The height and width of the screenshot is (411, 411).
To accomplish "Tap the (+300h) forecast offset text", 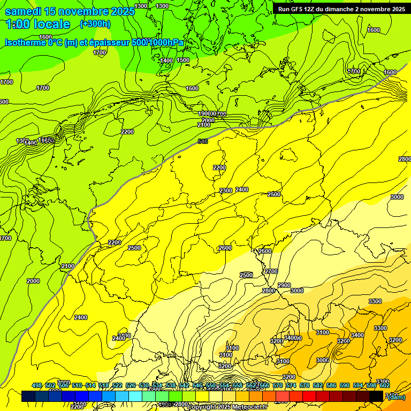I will [95, 24].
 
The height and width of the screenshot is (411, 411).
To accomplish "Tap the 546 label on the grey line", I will [203, 141].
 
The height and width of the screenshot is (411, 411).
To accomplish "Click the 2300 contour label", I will [226, 191].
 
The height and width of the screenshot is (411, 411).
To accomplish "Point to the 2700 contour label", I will [271, 271].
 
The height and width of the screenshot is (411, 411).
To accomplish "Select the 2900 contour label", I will [284, 285].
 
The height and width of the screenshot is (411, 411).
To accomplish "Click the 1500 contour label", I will [183, 60].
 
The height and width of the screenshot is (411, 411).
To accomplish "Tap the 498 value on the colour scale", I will [36, 385].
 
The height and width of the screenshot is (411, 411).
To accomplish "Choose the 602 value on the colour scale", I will [384, 385].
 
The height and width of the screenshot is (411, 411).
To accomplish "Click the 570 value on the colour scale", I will [277, 385].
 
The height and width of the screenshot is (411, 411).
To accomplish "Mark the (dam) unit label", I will [396, 397].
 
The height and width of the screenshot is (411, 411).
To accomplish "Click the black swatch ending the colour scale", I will [376, 397].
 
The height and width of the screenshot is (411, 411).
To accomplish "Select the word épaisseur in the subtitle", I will [110, 42].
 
